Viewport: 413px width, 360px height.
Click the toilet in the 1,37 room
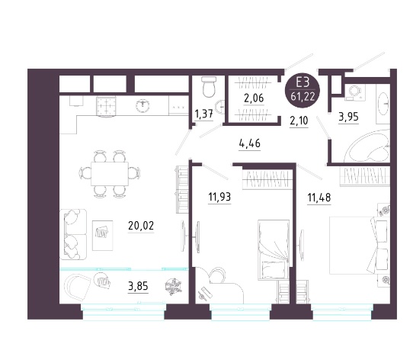click(x=210, y=86)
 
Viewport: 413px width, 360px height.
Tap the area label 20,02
click(x=141, y=226)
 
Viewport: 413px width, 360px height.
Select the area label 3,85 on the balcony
click(x=138, y=286)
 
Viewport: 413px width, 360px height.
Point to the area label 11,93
click(x=219, y=197)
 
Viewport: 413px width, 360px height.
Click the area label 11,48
click(x=319, y=198)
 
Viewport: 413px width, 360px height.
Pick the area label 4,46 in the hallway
click(x=250, y=143)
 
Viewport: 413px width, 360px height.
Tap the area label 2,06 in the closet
click(x=254, y=98)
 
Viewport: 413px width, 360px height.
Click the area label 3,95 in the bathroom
click(x=348, y=116)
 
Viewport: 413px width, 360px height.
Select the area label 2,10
click(x=299, y=121)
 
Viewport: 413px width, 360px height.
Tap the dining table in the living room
click(x=110, y=174)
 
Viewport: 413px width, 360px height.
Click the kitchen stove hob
click(x=106, y=106)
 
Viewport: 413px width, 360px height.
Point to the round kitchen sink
click(x=142, y=106)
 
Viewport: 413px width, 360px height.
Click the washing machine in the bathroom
click(x=355, y=92)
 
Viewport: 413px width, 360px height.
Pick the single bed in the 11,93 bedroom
click(x=274, y=249)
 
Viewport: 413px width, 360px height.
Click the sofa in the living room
click(x=73, y=234)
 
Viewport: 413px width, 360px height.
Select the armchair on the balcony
click(x=78, y=287)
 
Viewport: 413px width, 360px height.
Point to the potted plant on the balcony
click(x=173, y=287)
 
